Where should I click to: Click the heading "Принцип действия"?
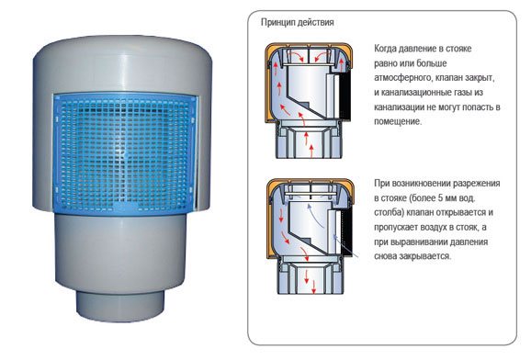tap(297, 23)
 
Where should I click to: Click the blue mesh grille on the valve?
tap(124, 153)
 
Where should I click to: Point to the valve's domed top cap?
tap(122, 64)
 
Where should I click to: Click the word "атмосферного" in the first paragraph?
tap(402, 78)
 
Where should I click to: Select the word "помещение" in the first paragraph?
tap(397, 121)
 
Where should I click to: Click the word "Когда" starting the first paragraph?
tap(385, 49)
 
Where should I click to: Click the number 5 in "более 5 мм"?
tap(441, 198)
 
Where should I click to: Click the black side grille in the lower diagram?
tap(346, 230)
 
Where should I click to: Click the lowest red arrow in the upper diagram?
tap(311, 151)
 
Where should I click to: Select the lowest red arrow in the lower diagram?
tap(313, 287)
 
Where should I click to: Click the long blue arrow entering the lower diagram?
tap(345, 246)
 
